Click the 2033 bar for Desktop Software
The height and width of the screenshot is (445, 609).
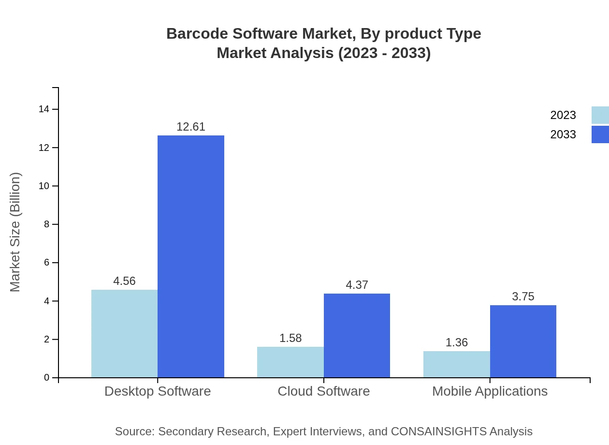191,256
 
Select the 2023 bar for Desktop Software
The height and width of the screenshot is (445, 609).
124,334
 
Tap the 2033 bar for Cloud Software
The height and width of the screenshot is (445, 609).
357,335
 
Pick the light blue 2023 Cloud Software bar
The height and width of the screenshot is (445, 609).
290,362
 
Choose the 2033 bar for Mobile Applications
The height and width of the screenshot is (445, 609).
523,341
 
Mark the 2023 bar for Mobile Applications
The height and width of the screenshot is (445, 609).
456,364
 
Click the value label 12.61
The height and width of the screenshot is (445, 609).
191,127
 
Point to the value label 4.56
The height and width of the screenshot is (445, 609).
124,281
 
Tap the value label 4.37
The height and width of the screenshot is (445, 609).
357,285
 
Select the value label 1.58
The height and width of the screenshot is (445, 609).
290,338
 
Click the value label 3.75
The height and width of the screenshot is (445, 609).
523,297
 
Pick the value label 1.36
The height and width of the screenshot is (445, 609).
456,342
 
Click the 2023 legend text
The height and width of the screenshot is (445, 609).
563,115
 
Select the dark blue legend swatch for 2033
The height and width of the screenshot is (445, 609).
600,134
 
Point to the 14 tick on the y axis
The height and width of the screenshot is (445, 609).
44,109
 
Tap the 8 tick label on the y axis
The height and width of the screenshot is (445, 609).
46,224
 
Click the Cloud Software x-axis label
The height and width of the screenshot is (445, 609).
323,391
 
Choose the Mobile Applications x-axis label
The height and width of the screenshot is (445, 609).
490,391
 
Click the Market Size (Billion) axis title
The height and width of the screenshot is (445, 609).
15,232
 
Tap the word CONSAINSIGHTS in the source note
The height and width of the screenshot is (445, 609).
439,431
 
